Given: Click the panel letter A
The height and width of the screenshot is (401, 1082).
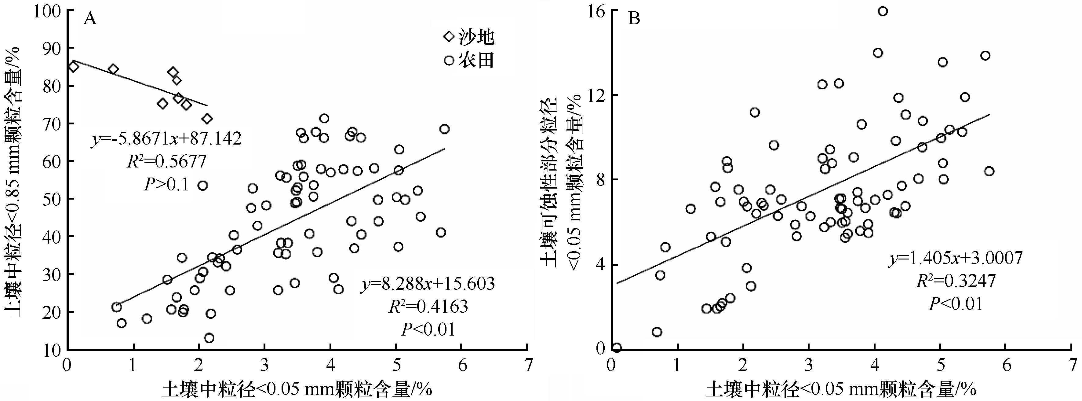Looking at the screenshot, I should pos(90,19).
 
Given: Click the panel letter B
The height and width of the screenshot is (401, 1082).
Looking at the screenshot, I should pos(633,19).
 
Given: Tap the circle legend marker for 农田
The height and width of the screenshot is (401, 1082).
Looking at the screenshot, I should pos(449,61).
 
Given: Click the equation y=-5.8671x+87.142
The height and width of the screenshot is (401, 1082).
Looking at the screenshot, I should pos(166,138).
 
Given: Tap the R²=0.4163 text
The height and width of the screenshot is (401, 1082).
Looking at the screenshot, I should pos(428,307).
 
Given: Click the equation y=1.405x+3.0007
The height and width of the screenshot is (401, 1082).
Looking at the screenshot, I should pos(955,258).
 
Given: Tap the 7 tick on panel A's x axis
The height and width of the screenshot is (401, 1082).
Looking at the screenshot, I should pos(527,365).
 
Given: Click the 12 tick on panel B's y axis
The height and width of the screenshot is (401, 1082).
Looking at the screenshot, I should pos(596,95).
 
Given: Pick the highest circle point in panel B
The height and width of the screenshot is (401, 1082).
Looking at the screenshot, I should pos(883,11).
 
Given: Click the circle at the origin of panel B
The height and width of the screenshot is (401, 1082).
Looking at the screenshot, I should pos(617,348).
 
